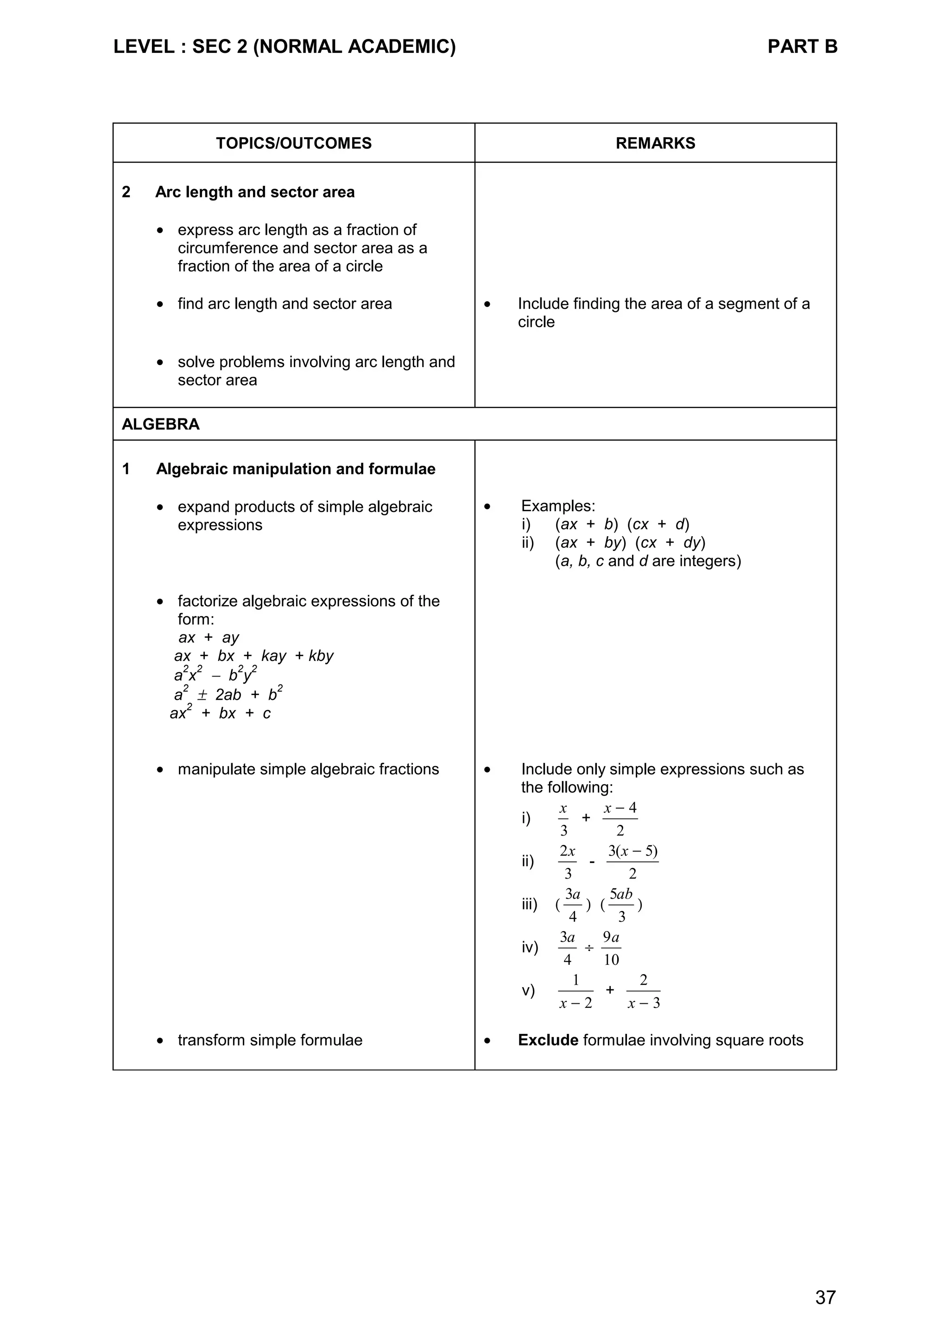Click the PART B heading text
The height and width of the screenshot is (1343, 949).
pyautogui.click(x=802, y=47)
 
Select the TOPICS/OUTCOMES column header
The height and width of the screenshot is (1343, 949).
pyautogui.click(x=293, y=143)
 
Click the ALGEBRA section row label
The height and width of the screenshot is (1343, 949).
pyautogui.click(x=160, y=424)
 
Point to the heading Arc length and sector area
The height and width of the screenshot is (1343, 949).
pyautogui.click(x=254, y=192)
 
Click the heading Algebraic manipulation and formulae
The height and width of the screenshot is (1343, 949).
pyautogui.click(x=295, y=469)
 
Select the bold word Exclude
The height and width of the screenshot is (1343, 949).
pyautogui.click(x=548, y=1040)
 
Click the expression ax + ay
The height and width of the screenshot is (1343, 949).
pyautogui.click(x=209, y=638)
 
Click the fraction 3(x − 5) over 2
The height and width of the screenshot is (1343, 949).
pyautogui.click(x=632, y=862)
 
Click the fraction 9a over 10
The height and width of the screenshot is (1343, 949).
pyautogui.click(x=611, y=948)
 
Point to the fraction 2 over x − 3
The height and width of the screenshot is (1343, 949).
pyautogui.click(x=643, y=991)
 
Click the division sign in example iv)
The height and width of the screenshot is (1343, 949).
pyautogui.click(x=589, y=948)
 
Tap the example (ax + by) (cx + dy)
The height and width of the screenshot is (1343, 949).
pyautogui.click(x=630, y=543)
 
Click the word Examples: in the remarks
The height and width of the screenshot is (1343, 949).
pyautogui.click(x=558, y=506)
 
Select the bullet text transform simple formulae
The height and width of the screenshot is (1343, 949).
pyautogui.click(x=270, y=1040)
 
